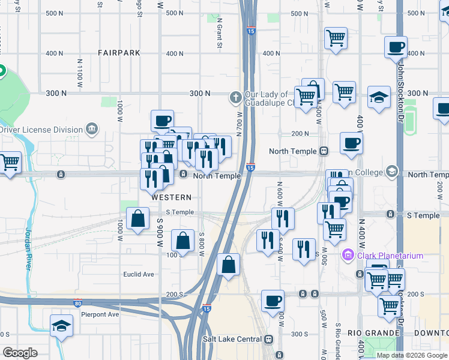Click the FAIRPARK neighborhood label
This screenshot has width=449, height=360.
coord(119,53)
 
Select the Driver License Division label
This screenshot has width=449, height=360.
coord(41,130)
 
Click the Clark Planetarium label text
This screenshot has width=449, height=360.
coord(390,256)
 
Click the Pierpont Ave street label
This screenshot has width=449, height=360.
coord(100,314)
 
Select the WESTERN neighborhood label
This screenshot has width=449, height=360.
coord(172,197)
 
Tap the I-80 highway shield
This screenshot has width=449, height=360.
coord(77,303)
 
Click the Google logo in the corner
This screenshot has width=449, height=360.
coord(20,353)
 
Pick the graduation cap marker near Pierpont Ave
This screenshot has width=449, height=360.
coord(61,326)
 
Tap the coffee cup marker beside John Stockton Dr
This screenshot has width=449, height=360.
coord(396,47)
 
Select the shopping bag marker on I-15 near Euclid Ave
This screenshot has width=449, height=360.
coord(228,264)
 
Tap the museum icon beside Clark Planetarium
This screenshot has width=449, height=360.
coord(348,256)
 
